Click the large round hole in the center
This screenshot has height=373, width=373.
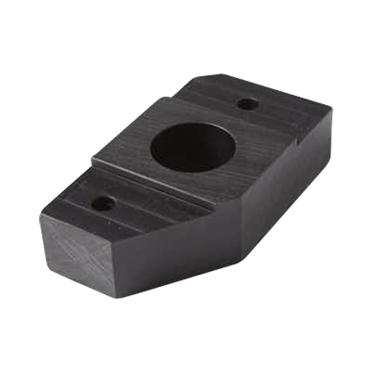click(x=193, y=147)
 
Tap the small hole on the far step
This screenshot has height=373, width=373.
click(x=248, y=104)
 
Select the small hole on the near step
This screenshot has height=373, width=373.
click(x=103, y=203)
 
